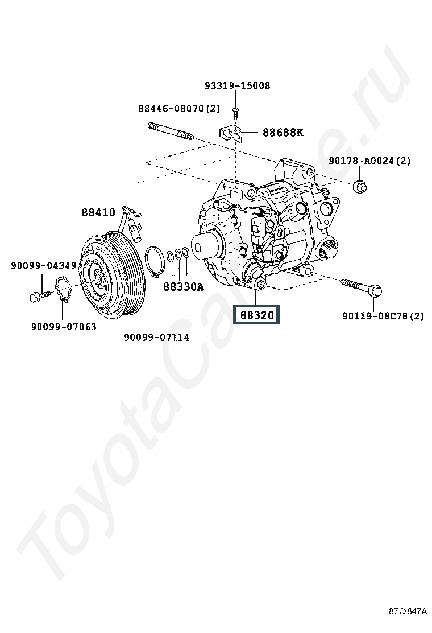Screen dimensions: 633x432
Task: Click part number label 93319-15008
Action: coord(237,86)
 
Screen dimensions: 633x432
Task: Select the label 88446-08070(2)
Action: coord(178,108)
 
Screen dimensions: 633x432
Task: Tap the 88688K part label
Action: coord(283,133)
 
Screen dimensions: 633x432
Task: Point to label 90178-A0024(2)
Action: coord(369,161)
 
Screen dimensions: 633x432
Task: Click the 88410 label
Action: coord(98,213)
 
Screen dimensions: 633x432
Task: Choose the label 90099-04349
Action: coord(43,265)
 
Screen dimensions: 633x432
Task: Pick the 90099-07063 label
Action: coord(63,326)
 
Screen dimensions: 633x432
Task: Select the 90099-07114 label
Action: coord(156,337)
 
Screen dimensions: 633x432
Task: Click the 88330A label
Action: coord(182,287)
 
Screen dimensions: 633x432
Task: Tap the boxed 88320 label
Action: coord(257,315)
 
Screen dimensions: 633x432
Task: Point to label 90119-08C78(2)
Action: coord(383,316)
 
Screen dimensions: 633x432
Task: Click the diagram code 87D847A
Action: coord(408,611)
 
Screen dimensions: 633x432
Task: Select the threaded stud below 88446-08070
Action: coord(171,131)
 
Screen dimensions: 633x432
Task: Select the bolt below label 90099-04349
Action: coord(38,295)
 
